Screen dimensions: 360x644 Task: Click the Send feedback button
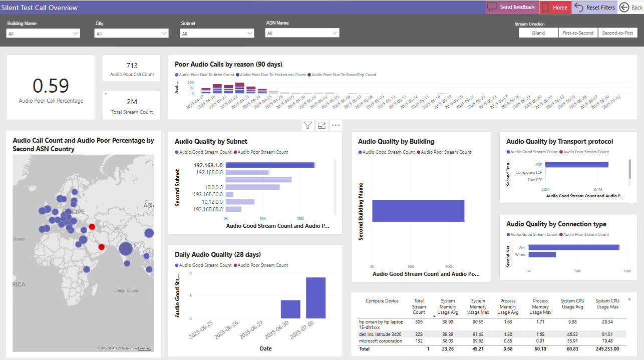pos(512,8)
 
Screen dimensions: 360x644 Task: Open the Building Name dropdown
pos(43,34)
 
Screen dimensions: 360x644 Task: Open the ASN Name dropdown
pos(302,33)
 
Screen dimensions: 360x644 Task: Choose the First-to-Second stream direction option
pos(578,33)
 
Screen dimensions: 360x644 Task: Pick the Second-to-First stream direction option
pos(617,33)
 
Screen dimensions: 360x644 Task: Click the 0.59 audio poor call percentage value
pos(51,86)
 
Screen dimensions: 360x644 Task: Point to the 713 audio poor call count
pos(132,66)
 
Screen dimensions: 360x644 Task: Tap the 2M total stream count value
pos(132,102)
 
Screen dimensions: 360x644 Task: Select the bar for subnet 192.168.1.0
pos(269,165)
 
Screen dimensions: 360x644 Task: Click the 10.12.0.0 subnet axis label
pos(208,202)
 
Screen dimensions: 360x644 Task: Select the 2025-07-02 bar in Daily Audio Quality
pos(315,297)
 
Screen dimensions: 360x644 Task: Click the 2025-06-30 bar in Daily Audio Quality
pos(290,309)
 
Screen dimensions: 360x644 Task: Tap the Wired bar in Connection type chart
pos(542,254)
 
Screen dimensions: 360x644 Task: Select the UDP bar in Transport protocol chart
pos(576,165)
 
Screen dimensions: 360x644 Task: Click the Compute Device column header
pos(382,301)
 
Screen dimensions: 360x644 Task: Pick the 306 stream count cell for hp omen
pos(419,322)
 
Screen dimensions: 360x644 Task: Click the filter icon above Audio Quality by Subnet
pos(307,126)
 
